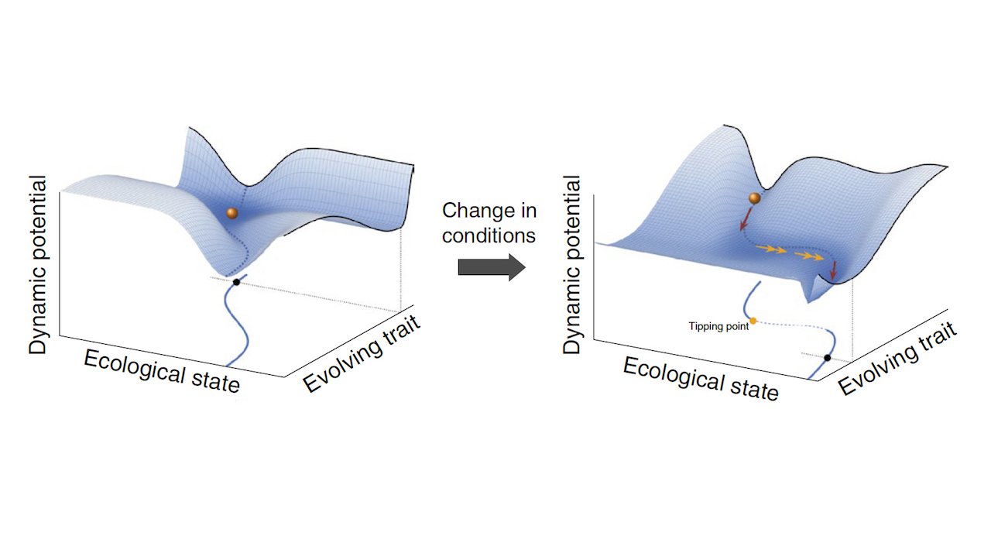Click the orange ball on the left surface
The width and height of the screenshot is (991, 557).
click(231, 213)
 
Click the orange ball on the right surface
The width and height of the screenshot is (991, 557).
click(754, 198)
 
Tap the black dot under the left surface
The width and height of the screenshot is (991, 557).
click(236, 282)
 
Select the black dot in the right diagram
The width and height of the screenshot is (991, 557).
click(828, 358)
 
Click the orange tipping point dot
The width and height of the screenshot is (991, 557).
click(753, 321)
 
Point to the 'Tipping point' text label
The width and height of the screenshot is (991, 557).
click(718, 327)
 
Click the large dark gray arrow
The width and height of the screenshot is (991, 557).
click(492, 267)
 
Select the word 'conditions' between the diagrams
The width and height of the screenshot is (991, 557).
click(489, 236)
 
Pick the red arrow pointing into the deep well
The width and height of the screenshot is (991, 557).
click(834, 270)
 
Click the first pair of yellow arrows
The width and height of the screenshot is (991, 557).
click(770, 249)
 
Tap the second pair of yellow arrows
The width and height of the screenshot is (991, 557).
click(809, 256)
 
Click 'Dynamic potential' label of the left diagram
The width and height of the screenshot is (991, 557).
click(38, 265)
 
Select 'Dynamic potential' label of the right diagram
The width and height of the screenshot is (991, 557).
click(571, 265)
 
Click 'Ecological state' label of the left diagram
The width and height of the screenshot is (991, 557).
click(162, 372)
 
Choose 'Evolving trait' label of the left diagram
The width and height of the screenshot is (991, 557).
click(362, 353)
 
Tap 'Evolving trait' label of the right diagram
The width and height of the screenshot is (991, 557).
click(897, 358)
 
